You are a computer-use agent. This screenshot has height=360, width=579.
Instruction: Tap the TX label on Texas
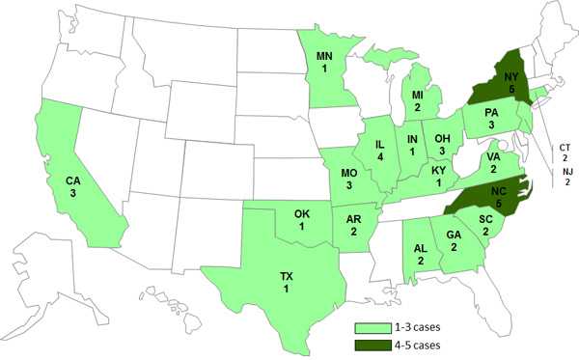(286, 277)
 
